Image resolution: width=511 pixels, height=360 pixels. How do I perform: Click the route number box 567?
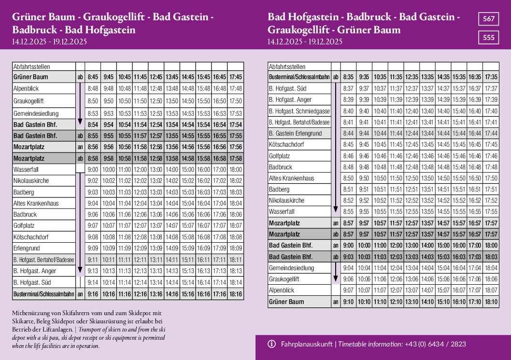tap(489, 19)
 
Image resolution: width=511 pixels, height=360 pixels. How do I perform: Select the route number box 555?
tap(489, 37)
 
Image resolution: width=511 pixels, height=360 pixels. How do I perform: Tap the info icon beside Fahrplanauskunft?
tap(271, 344)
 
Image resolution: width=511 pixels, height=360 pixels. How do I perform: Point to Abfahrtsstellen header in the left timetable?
tap(32, 67)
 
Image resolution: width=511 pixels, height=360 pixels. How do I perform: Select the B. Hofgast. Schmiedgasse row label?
tap(299, 111)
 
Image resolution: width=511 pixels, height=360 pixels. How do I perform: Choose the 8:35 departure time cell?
tap(348, 77)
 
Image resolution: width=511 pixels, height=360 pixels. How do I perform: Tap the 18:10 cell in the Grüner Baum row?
tap(491, 302)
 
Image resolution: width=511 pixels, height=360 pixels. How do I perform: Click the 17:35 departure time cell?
tap(491, 77)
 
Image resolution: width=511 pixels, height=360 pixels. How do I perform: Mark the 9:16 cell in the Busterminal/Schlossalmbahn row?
tap(93, 293)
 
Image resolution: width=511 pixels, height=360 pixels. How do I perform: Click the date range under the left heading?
tap(49, 42)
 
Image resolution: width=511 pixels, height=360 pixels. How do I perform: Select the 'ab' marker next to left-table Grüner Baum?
tap(80, 77)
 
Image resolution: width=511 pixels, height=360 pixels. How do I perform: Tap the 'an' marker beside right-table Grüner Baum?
tap(336, 302)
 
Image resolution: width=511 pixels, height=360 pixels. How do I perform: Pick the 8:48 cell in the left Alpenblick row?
tap(93, 88)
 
